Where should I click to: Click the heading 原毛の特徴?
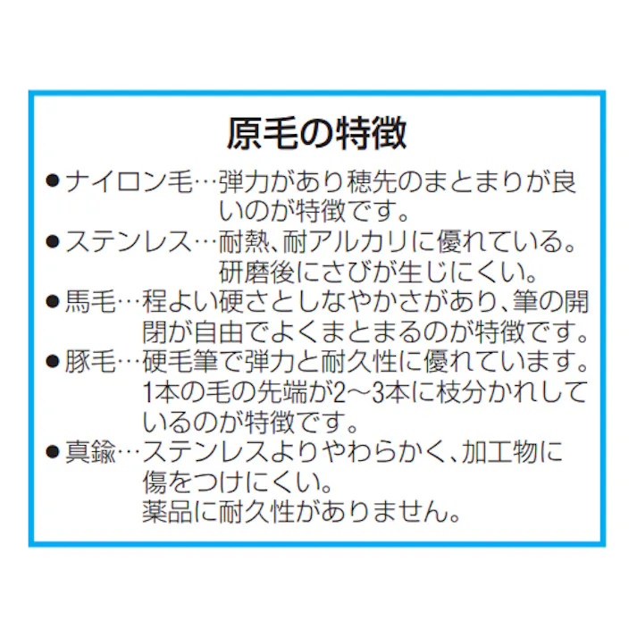pos(317,134)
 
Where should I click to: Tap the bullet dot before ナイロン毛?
pos(53,180)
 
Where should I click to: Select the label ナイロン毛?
pos(129,181)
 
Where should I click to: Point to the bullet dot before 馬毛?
pos(53,301)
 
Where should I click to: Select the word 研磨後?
pos(256,272)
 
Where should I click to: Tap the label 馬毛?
pos(90,301)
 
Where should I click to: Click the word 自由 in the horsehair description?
pos(218,332)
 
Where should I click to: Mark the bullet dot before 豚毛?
pos(53,362)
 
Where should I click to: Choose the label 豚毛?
pos(90,362)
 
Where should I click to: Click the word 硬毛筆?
pos(180,362)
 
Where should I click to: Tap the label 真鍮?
pos(90,452)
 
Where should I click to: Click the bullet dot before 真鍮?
pos(53,452)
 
